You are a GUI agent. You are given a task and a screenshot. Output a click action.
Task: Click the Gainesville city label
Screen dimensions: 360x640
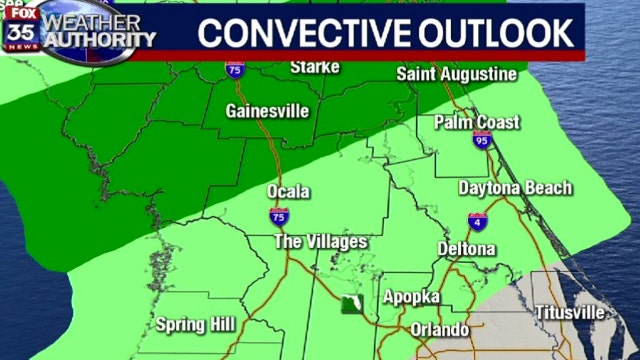pos(267,111)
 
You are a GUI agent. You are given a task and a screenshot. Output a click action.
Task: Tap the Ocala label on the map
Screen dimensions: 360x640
pos(289,192)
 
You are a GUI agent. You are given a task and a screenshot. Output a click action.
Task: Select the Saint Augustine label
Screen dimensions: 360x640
pos(456,74)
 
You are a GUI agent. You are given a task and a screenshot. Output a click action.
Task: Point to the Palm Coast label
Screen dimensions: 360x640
pos(477,123)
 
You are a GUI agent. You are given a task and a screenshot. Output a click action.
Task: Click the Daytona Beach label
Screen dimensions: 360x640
pos(515,188)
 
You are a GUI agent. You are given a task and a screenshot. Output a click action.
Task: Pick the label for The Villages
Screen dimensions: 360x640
pos(321,242)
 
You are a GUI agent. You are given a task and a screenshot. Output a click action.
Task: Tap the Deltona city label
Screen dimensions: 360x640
pos(467,249)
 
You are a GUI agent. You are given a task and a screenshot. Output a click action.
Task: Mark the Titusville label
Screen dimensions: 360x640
pos(568,312)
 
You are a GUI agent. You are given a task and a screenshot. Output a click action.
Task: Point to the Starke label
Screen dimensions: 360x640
pos(315,67)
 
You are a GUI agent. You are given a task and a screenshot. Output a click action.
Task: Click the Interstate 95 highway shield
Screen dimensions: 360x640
pos(484,143)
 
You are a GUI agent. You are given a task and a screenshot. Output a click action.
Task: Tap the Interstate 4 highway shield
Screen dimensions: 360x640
pos(478,222)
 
